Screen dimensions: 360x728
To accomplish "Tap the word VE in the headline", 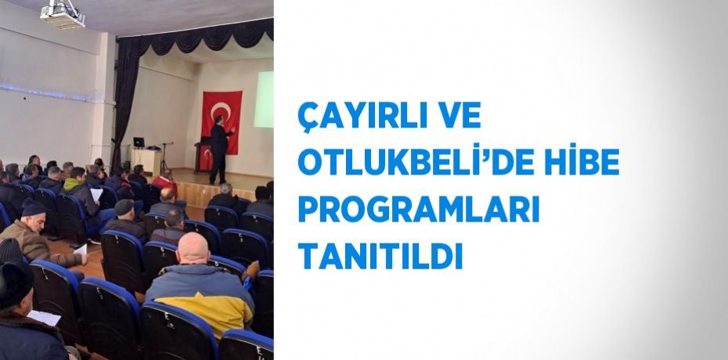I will click(459, 117).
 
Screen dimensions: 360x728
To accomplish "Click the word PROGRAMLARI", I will click(419, 209).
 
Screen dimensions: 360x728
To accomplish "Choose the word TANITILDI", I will click(380, 255).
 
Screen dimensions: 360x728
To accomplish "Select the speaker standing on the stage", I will click(219, 144).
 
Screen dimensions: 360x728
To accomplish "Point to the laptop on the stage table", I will click(139, 142).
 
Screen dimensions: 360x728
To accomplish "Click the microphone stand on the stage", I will click(165, 157).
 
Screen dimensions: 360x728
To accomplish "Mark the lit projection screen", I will click(265, 99).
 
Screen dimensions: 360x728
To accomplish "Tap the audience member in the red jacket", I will click(164, 184).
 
